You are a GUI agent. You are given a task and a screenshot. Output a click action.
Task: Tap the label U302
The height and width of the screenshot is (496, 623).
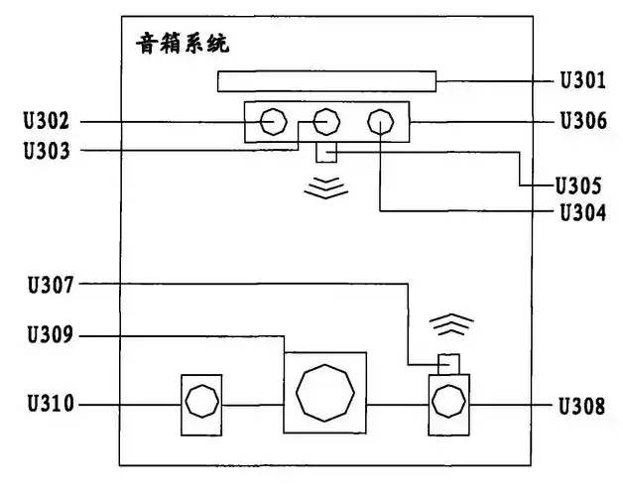pos(47,122)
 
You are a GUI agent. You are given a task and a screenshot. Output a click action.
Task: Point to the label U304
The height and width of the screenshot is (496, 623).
pos(583,210)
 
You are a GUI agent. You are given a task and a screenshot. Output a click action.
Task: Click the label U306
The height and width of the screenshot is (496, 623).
pos(583,122)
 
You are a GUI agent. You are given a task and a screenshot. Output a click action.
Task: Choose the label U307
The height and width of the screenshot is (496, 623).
pos(47,284)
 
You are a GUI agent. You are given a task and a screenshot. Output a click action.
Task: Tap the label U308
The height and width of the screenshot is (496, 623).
pos(583,404)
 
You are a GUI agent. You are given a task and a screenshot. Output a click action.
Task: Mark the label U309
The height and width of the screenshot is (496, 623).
pos(47,337)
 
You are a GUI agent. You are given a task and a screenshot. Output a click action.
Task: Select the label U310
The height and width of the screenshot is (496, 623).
pos(47,404)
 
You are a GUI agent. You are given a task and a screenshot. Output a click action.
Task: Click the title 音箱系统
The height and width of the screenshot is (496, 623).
pos(182,45)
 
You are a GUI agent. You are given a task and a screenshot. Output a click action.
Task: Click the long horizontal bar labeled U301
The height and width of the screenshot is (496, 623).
pos(326,81)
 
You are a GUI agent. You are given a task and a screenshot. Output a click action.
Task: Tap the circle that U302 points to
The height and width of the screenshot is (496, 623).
pos(270,122)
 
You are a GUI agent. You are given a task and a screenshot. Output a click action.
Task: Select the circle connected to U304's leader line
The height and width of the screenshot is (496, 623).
pos(381,122)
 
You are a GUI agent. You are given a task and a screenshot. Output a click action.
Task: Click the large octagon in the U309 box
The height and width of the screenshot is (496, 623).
pos(324,393)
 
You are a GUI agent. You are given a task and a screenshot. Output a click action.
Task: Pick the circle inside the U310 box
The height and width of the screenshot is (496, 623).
pos(201,404)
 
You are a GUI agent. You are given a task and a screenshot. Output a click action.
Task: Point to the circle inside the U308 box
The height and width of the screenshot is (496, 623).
pos(450,404)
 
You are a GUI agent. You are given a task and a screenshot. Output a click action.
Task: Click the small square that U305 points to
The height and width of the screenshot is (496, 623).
pos(326,153)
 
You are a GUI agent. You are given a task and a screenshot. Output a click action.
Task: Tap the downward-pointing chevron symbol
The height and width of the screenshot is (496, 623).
pos(326,189)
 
